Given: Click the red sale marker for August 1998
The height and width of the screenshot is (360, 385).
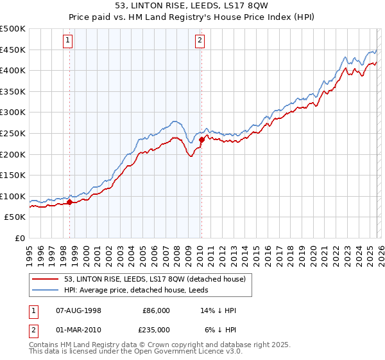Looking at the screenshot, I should point(69,202).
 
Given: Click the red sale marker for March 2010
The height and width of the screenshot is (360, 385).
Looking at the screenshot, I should point(201,139).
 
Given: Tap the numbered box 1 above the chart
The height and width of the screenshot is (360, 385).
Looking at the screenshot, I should point(68,41).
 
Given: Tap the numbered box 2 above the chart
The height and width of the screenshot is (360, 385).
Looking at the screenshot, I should point(200,41).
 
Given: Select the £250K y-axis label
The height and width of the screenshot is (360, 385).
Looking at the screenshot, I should point(13,134).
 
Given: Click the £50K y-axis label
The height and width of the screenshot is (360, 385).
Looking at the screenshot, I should point(15,217).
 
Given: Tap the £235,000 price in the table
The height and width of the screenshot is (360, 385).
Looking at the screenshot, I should point(156,329).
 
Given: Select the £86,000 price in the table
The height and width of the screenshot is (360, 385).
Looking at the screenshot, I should point(156,310).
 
